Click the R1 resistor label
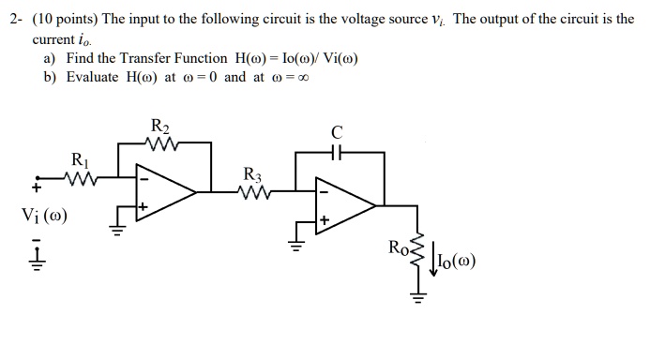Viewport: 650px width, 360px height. click(x=81, y=159)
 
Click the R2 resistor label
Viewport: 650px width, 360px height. click(x=160, y=127)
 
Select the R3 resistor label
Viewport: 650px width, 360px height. click(x=252, y=174)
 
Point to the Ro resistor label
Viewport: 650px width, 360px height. click(x=399, y=247)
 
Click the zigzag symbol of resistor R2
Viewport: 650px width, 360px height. click(x=161, y=145)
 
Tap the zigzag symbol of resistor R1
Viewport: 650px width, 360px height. click(x=82, y=177)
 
